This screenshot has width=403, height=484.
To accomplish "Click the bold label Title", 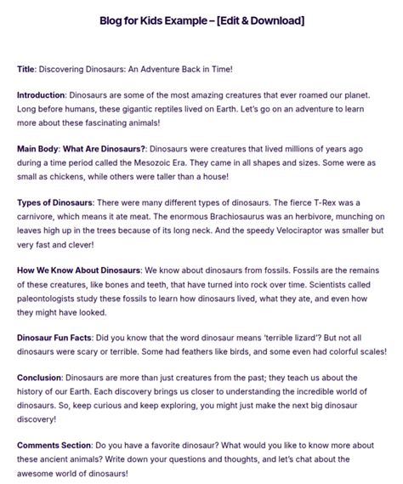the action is (x=27, y=67).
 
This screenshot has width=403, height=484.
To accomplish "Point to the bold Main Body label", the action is (x=40, y=148).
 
